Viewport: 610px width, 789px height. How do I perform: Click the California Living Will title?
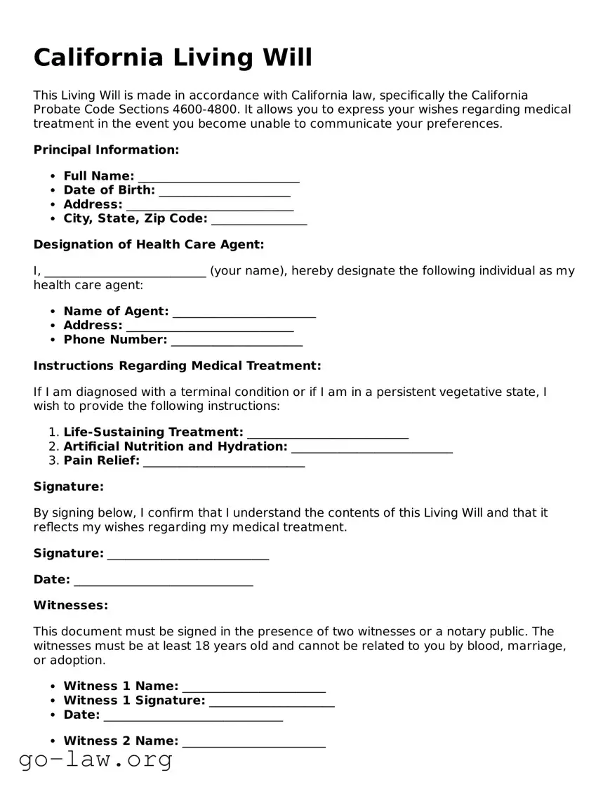(x=173, y=58)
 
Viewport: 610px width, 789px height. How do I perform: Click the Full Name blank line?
(x=218, y=177)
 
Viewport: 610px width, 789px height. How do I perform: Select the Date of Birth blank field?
(x=225, y=191)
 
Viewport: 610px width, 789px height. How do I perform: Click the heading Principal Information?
(x=106, y=150)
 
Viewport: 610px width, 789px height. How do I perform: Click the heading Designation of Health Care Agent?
(x=149, y=244)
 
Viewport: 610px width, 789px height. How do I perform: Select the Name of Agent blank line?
(x=244, y=312)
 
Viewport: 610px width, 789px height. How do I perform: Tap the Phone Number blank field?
(x=237, y=341)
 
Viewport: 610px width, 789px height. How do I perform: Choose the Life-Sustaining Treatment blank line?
(x=328, y=433)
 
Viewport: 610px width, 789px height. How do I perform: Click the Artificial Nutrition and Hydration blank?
(x=371, y=448)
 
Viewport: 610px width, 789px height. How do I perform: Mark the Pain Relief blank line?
(x=224, y=462)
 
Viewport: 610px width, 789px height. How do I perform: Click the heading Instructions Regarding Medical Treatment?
(x=177, y=366)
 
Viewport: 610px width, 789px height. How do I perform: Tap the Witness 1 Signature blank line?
(x=272, y=701)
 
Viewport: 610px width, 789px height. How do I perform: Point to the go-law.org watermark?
(x=95, y=759)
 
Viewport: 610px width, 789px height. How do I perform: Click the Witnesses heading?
(x=71, y=605)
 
